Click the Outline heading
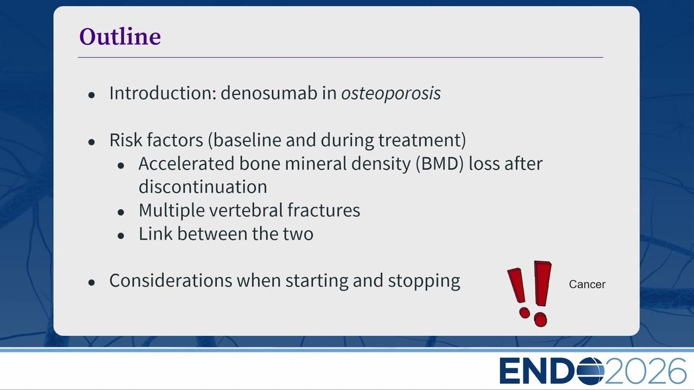tap(120, 36)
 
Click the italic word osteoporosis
tap(391, 94)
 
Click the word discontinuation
tap(203, 187)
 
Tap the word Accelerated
tap(187, 164)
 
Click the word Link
tap(156, 233)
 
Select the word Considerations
tap(171, 281)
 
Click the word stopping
tap(424, 281)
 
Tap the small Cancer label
tap(587, 284)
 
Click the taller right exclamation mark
tap(542, 294)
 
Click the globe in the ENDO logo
tap(590, 370)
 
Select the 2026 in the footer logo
tap(645, 370)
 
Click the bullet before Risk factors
tap(92, 142)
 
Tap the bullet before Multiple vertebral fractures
tap(121, 212)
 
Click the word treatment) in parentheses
tap(422, 140)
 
